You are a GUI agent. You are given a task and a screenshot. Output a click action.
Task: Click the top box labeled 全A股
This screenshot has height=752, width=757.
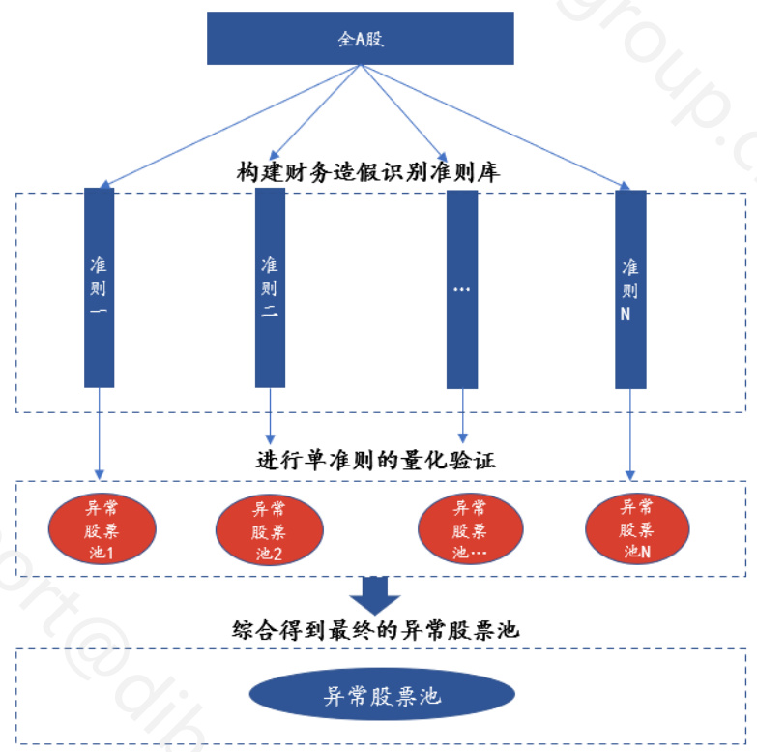[x=360, y=39]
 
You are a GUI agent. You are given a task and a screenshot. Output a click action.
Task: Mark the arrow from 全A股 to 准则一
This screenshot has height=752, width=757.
[x=232, y=125]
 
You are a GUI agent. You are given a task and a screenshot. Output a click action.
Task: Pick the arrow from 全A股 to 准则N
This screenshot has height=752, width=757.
[x=493, y=125]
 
